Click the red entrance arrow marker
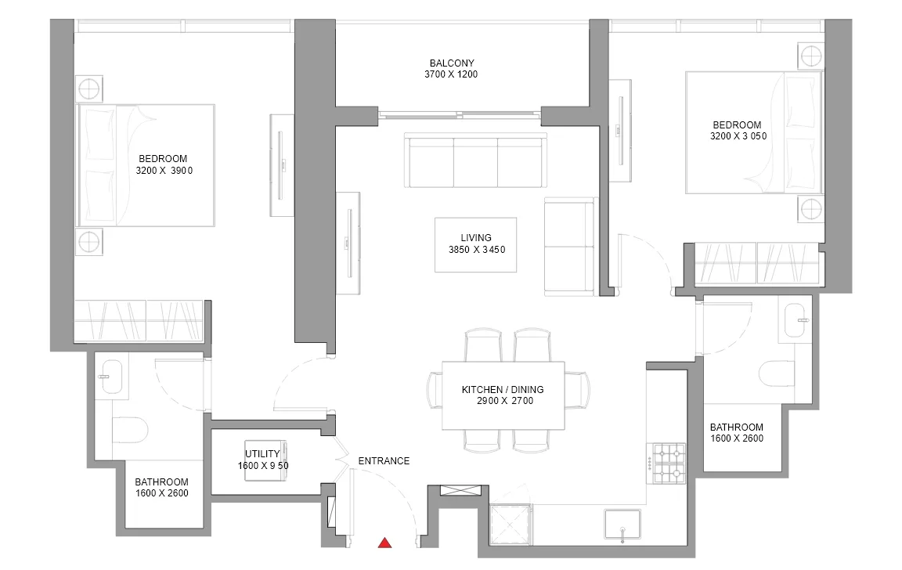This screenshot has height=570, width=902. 385,543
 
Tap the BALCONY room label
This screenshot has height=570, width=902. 452,63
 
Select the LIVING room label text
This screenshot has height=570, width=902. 476,237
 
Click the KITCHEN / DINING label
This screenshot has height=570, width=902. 502,389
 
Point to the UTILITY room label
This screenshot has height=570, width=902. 262,454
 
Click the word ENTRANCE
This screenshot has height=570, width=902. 384,460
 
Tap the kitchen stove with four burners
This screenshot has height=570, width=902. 668,463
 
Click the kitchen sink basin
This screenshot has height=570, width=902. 622,524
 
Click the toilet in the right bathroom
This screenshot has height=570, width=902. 777,373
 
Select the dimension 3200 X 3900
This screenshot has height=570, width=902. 164,170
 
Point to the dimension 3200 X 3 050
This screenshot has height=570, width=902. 738,136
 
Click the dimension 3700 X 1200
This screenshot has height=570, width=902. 451,74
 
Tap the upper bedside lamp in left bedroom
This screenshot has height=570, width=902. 89,89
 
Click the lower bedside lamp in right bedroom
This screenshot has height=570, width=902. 810,208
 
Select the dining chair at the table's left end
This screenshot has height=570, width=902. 435,389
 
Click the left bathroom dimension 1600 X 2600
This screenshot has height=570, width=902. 161,493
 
